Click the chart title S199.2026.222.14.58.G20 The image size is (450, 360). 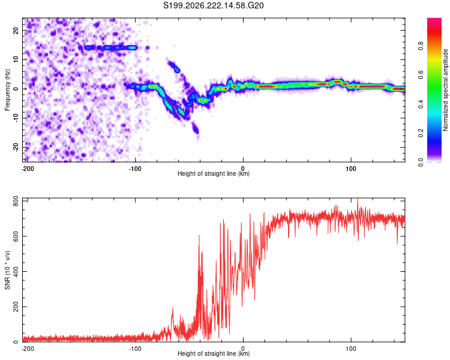point(213,5)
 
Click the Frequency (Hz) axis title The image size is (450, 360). point(7,90)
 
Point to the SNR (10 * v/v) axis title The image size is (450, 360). point(7,270)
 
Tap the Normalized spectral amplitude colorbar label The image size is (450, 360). point(445,90)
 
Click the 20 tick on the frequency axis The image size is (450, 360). point(16,31)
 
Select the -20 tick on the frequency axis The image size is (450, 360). point(16,147)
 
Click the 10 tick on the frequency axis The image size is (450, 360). point(16,59)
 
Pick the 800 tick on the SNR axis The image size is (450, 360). point(16,201)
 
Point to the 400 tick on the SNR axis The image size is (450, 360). point(16,271)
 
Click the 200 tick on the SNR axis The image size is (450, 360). point(16,307)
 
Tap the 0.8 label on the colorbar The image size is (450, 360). point(421,46)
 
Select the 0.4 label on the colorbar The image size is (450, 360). point(421,104)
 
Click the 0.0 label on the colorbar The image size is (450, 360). point(421,162)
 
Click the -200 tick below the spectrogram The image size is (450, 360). point(28,169)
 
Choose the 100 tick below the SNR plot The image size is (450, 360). point(351,349)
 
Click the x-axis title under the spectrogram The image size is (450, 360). point(214,173)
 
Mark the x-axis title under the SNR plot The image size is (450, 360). point(214,353)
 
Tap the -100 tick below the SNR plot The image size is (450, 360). point(135,349)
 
